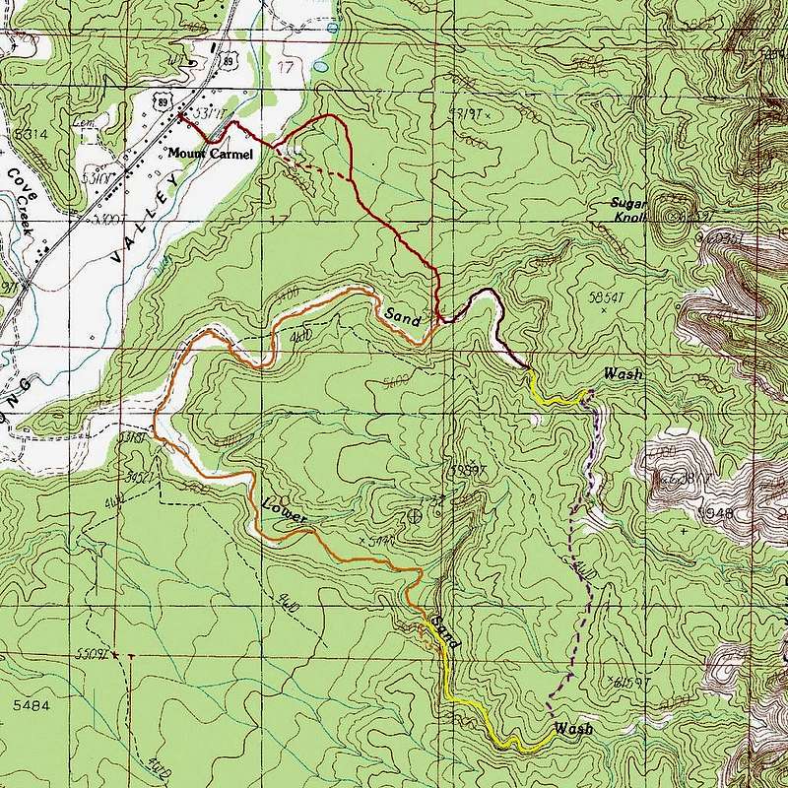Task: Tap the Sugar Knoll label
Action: [x=627, y=210]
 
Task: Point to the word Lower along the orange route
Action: [x=287, y=511]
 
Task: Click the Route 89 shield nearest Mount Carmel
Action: [x=161, y=100]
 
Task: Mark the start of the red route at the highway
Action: [x=180, y=116]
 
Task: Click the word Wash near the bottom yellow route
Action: [x=573, y=729]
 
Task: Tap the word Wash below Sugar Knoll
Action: [x=623, y=374]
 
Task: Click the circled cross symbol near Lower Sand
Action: [x=416, y=514]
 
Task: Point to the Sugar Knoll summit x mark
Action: [x=675, y=216]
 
